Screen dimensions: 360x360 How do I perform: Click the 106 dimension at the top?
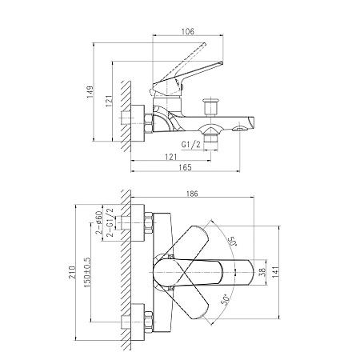(x=188, y=31)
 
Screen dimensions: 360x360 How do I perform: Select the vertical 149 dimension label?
(x=90, y=92)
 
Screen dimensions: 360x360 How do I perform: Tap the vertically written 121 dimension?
(x=109, y=101)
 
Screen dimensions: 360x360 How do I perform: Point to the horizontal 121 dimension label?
(x=171, y=157)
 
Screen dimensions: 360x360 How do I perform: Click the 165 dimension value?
(x=185, y=167)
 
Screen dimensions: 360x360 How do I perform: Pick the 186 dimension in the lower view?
(x=192, y=194)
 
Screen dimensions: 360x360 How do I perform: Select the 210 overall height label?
(x=72, y=273)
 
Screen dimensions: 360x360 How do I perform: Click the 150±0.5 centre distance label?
(x=87, y=272)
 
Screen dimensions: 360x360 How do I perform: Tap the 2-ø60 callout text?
(x=98, y=222)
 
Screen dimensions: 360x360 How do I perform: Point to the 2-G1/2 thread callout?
(x=110, y=222)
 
